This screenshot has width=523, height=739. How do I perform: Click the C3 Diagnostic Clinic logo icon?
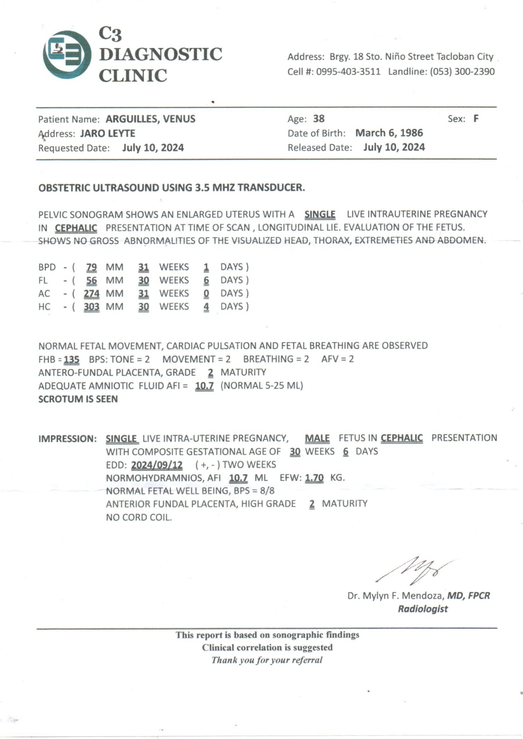(67, 55)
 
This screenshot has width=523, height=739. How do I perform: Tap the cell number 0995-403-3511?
(348, 71)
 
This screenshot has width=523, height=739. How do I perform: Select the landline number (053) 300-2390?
(462, 71)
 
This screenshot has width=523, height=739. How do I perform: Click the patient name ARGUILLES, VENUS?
(150, 119)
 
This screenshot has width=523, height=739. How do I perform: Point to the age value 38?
(319, 119)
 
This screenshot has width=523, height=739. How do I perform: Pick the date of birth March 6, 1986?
(389, 133)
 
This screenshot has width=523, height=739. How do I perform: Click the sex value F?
(476, 119)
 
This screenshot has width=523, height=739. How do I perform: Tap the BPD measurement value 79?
(91, 267)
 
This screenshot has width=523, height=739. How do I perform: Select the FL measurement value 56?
(91, 280)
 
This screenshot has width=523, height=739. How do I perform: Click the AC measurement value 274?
(91, 294)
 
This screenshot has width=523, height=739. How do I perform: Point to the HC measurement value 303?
(91, 307)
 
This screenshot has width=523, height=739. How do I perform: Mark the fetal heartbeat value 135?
(71, 360)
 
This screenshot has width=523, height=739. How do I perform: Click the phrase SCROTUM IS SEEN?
(78, 399)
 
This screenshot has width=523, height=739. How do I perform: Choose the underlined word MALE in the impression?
(317, 438)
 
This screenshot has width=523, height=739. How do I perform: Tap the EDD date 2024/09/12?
(157, 465)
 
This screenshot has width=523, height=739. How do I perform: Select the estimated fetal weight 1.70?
(314, 478)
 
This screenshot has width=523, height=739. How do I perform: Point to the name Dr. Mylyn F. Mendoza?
(395, 596)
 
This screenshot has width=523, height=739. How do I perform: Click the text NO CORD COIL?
(139, 517)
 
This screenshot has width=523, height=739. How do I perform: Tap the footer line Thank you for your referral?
(267, 660)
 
